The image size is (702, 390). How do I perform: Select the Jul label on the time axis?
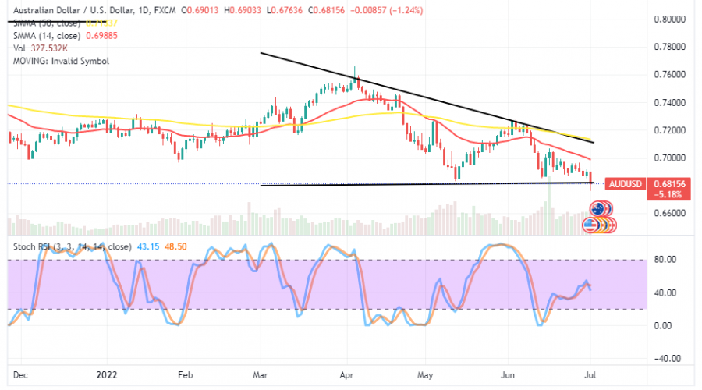coord(591,374)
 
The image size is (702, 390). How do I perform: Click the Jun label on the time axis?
coord(509,374)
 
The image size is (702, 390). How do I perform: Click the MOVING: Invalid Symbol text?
coord(59,60)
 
